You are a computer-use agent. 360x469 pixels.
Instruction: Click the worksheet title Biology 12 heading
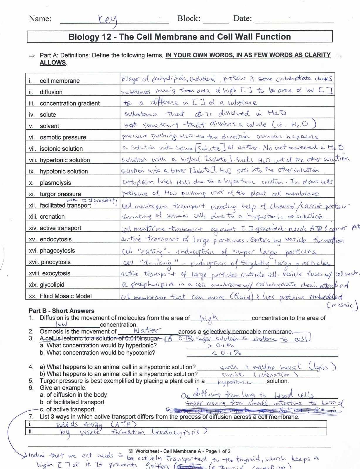point(179,37)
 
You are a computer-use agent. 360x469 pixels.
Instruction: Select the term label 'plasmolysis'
point(55,183)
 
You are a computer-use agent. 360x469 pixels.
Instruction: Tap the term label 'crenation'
point(52,217)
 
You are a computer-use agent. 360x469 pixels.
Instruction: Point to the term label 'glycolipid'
point(52,285)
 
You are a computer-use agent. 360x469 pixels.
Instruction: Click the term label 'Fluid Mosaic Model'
point(66,296)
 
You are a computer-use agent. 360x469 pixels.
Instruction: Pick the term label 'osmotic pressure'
point(63,137)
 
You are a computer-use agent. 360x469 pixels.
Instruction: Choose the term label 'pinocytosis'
point(56,262)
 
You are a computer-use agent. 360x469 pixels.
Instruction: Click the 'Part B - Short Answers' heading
point(62,311)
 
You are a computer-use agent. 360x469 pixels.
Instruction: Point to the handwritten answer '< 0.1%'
point(226,353)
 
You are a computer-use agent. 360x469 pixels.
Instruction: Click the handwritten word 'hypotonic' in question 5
point(235,382)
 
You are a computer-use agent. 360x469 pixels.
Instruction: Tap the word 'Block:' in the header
point(189,18)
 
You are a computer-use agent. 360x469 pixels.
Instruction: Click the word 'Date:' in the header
point(242,18)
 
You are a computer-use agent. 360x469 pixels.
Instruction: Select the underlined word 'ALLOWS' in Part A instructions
point(53,62)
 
